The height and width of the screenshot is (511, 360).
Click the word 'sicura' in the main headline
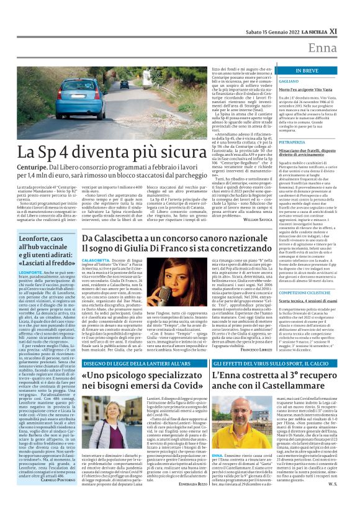tap(197, 152)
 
